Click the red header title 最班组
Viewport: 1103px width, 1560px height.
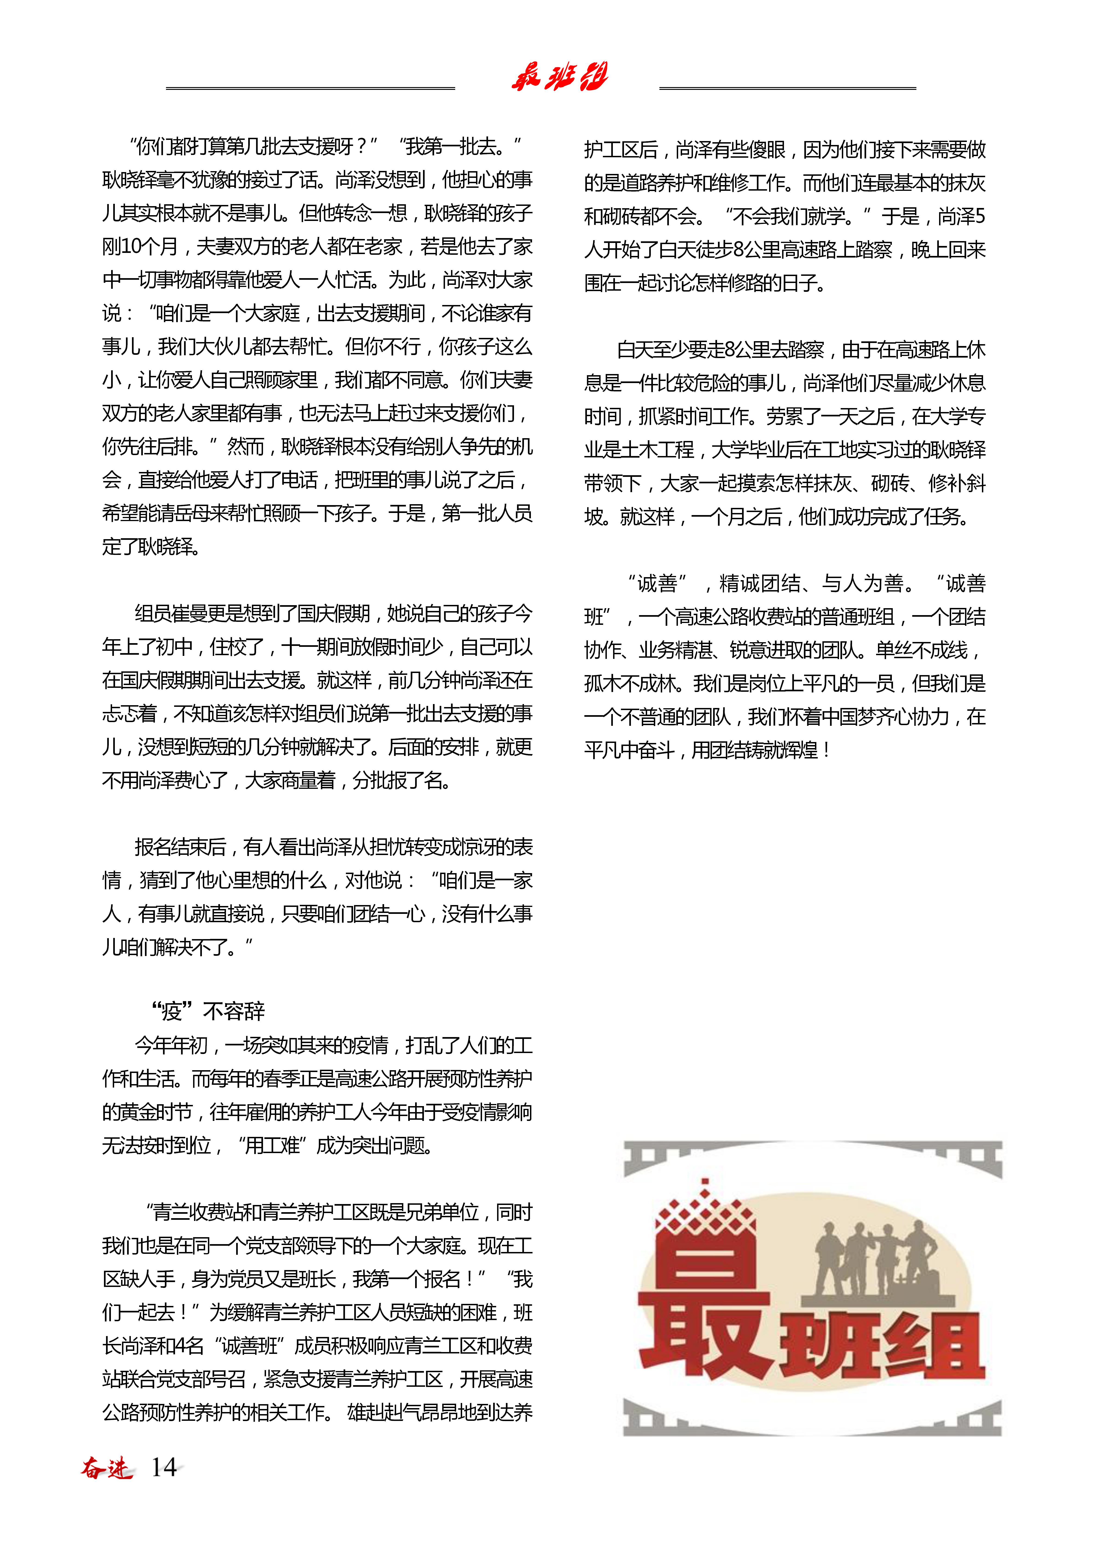(x=559, y=77)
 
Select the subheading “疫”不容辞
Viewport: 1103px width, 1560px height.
(x=208, y=1012)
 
